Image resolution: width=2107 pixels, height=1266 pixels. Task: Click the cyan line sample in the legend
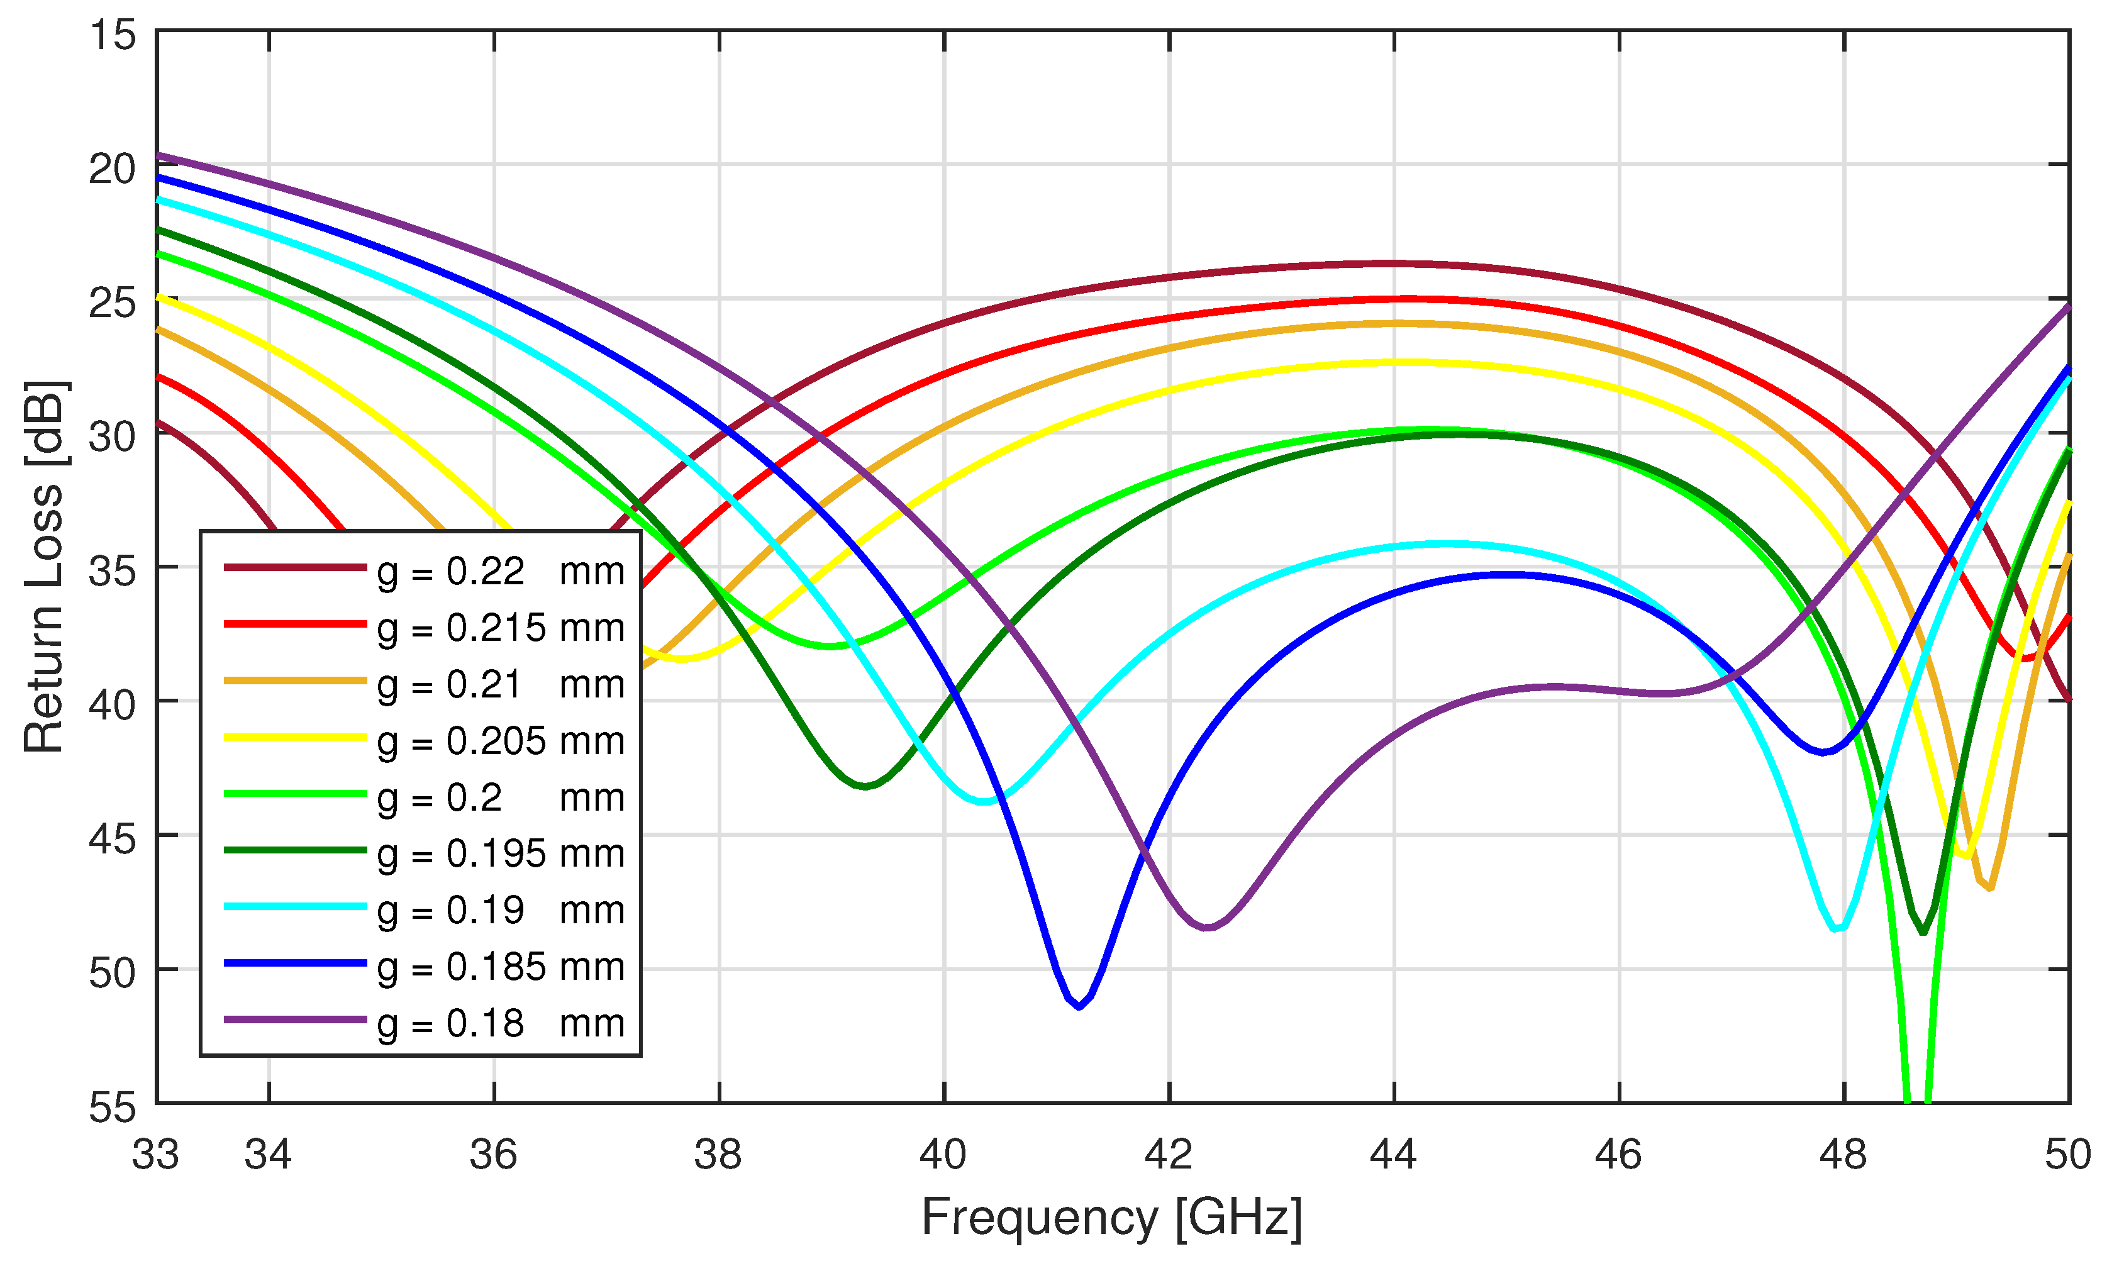coord(295,907)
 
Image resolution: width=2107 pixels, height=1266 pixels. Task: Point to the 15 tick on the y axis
coord(113,36)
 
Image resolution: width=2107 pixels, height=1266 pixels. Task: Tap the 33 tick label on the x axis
coord(155,1155)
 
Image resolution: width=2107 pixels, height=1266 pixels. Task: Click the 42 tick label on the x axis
coord(1169,1155)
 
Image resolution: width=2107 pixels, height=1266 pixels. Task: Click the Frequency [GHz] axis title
coord(1111,1218)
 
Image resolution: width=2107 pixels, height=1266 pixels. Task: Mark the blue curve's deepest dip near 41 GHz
coord(1079,1007)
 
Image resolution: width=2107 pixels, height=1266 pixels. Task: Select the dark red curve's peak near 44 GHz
coord(1394,264)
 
